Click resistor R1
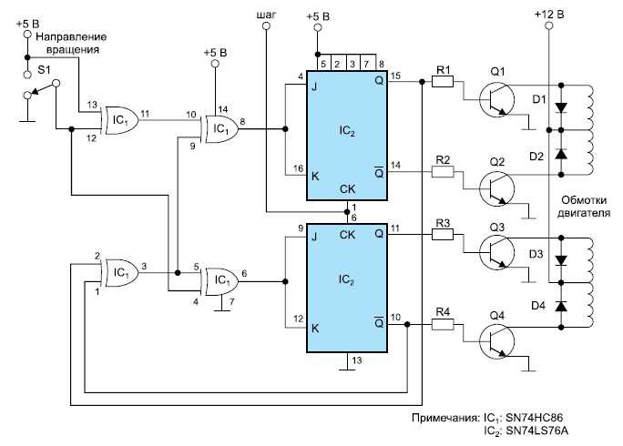443,82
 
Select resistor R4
443,324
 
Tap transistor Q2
496,188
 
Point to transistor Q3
496,253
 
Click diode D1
561,107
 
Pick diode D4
561,306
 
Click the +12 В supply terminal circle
548,26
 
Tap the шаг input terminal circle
267,26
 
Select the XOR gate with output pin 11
120,120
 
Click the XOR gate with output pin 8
220,129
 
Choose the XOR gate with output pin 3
120,273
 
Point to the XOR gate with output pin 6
220,281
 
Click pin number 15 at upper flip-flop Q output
395,76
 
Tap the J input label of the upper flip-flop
314,86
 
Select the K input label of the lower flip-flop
315,329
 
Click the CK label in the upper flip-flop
347,189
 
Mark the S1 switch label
44,70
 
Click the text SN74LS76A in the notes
536,431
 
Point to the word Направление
72,37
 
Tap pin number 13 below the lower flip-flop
357,360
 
